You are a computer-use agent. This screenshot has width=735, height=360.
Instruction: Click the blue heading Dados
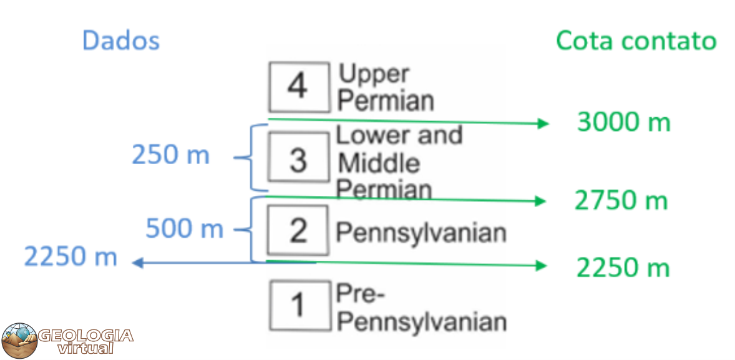[121, 41]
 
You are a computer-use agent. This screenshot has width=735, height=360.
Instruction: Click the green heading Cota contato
[636, 41]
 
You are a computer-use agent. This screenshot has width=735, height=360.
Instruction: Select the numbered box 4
[298, 87]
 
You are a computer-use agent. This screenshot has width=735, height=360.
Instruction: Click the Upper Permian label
[386, 87]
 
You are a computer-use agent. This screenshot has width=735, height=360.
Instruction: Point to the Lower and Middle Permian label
[398, 162]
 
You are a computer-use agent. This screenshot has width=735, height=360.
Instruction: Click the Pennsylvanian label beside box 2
[421, 232]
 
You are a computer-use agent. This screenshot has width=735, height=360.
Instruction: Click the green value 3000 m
[623, 122]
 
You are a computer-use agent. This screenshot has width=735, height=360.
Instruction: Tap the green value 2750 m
[621, 201]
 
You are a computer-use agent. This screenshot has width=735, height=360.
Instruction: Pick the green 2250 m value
[623, 268]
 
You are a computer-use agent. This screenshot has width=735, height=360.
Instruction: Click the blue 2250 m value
[71, 256]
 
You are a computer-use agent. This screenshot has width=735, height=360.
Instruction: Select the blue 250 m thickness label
[170, 155]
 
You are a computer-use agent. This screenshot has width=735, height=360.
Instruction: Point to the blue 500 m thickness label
[184, 229]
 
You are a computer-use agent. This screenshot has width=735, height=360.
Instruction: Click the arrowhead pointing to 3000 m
[543, 124]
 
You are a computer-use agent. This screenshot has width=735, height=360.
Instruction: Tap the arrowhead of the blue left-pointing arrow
[137, 263]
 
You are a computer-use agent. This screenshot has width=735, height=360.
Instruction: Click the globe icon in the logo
[19, 341]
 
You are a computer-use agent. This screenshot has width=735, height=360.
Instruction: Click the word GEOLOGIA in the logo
[86, 336]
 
